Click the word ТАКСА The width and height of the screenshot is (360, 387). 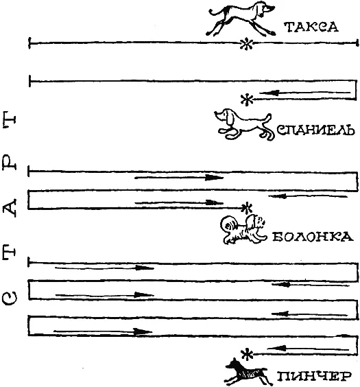tap(311, 27)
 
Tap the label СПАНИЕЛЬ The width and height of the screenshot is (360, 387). tap(316, 130)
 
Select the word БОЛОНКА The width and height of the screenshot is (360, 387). tap(313, 237)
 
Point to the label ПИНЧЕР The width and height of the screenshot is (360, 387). tap(314, 377)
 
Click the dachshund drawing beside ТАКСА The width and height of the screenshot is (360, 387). tap(241, 19)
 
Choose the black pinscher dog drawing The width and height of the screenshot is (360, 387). tap(247, 372)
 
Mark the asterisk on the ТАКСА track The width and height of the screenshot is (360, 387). tap(246, 44)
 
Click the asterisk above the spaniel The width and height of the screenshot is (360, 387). tap(247, 100)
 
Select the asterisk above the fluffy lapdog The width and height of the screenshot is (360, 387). tap(246, 208)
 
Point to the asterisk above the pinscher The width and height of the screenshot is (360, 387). tap(247, 355)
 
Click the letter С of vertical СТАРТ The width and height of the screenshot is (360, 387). tap(10, 298)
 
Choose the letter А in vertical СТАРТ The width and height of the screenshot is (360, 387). tap(9, 208)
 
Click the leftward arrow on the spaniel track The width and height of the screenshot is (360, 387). tap(304, 93)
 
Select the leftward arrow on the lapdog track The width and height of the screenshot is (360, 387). tap(308, 196)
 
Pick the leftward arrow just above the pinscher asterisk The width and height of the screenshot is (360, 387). tap(308, 349)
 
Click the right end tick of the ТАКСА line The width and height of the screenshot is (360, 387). tap(357, 43)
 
